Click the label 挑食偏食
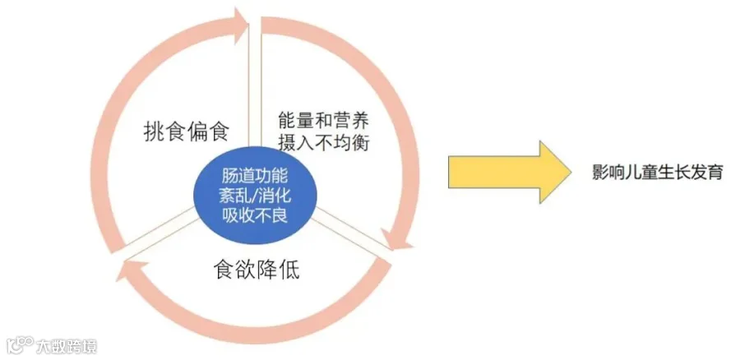pyautogui.click(x=185, y=131)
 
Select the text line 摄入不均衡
pyautogui.click(x=321, y=142)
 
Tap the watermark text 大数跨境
pyautogui.click(x=66, y=345)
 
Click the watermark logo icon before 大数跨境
pyautogui.click(x=18, y=345)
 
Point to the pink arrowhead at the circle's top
pyautogui.click(x=242, y=25)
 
